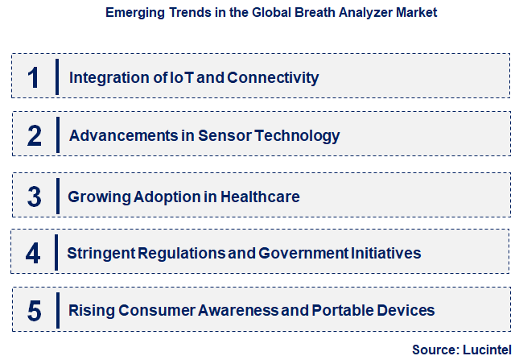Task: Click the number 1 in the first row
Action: (x=33, y=77)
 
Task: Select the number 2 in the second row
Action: (x=34, y=135)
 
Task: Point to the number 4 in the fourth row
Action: (x=32, y=254)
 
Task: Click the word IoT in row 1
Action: (x=180, y=77)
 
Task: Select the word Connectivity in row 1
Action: (x=273, y=77)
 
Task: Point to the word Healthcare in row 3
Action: (x=262, y=196)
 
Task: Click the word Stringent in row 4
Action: (x=100, y=253)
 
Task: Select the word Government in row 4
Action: (x=303, y=253)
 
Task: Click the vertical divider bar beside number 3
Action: (x=58, y=196)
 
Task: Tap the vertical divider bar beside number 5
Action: (x=58, y=310)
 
